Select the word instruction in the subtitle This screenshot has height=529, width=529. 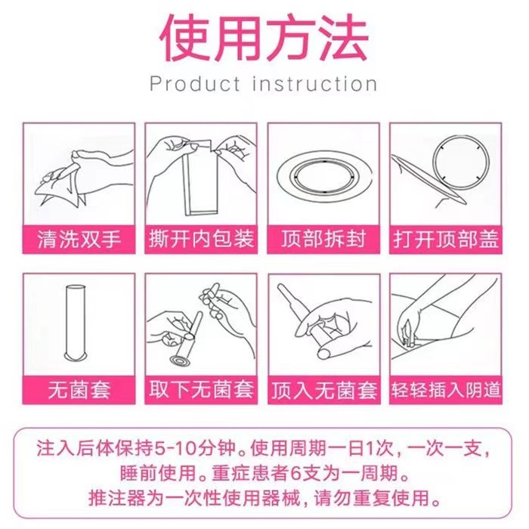coord(315,83)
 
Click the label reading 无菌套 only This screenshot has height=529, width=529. coord(79,390)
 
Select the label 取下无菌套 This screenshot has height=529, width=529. coord(201,390)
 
